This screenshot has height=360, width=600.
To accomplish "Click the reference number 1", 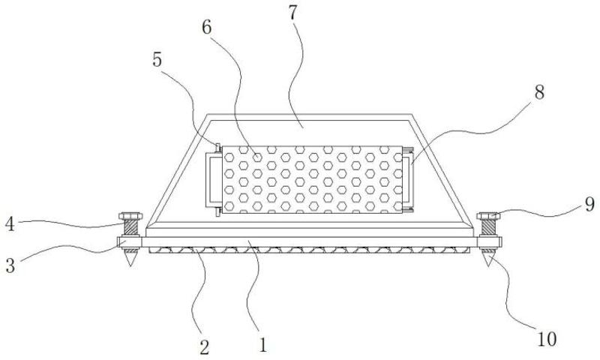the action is (x=262, y=346).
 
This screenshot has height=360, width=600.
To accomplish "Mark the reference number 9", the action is (x=589, y=202).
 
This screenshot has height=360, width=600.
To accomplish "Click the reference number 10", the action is (x=547, y=339).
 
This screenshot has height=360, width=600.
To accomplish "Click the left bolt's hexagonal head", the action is (x=130, y=216).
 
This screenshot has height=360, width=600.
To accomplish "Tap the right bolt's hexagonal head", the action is (x=488, y=217).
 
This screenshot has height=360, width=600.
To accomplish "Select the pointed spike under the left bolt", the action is (x=130, y=259).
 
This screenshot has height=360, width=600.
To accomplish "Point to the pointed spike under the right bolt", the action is (x=488, y=259).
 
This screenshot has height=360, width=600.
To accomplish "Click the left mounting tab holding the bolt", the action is (x=130, y=243).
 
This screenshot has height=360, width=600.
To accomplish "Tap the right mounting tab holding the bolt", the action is (x=488, y=243).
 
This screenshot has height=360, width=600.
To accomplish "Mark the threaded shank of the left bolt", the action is (x=130, y=229).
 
